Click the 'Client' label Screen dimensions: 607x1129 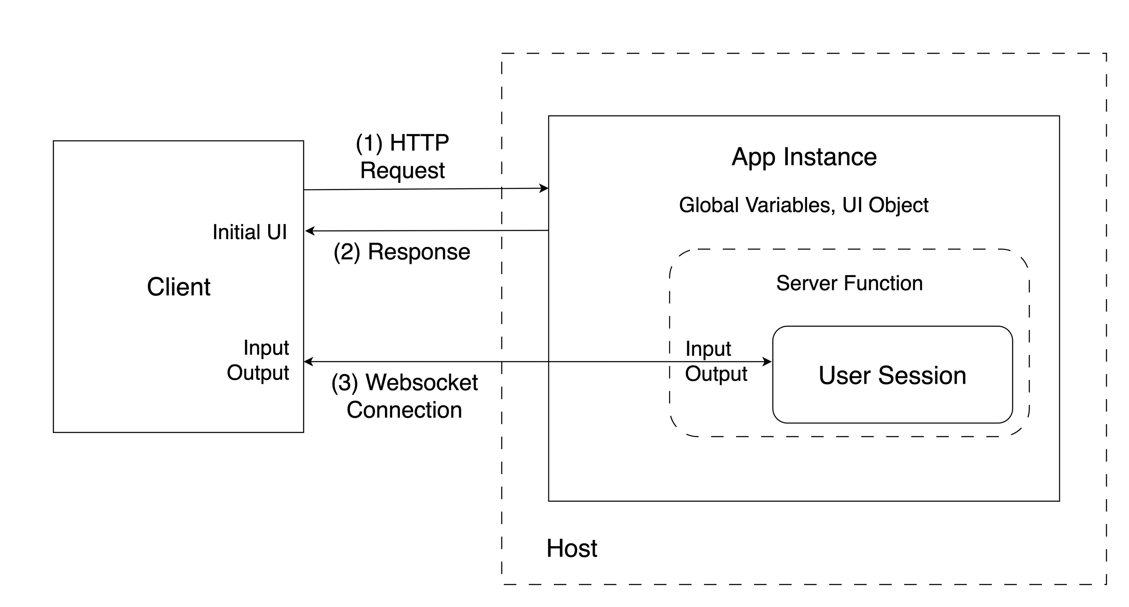[x=179, y=287]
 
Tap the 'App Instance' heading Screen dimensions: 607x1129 [x=804, y=157]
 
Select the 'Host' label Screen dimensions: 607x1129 [x=571, y=548]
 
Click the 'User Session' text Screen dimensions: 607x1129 [x=893, y=375]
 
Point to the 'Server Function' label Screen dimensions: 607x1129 [x=850, y=283]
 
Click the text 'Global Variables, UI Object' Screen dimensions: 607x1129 [x=803, y=205]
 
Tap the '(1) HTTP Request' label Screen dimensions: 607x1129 [x=402, y=156]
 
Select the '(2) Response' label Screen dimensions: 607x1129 [x=402, y=252]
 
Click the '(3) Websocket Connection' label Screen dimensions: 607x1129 [x=404, y=396]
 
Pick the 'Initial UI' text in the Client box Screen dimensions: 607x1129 [x=249, y=232]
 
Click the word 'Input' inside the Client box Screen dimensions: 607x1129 [x=266, y=348]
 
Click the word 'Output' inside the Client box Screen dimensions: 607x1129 [x=258, y=373]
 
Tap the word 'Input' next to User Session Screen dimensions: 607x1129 [x=708, y=349]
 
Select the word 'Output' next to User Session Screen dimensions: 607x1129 [x=716, y=374]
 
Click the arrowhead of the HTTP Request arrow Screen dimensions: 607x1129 [x=544, y=188]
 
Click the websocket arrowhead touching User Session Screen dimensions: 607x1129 [x=768, y=362]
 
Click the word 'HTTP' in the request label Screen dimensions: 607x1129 [x=419, y=143]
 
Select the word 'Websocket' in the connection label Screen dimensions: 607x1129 [x=421, y=382]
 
